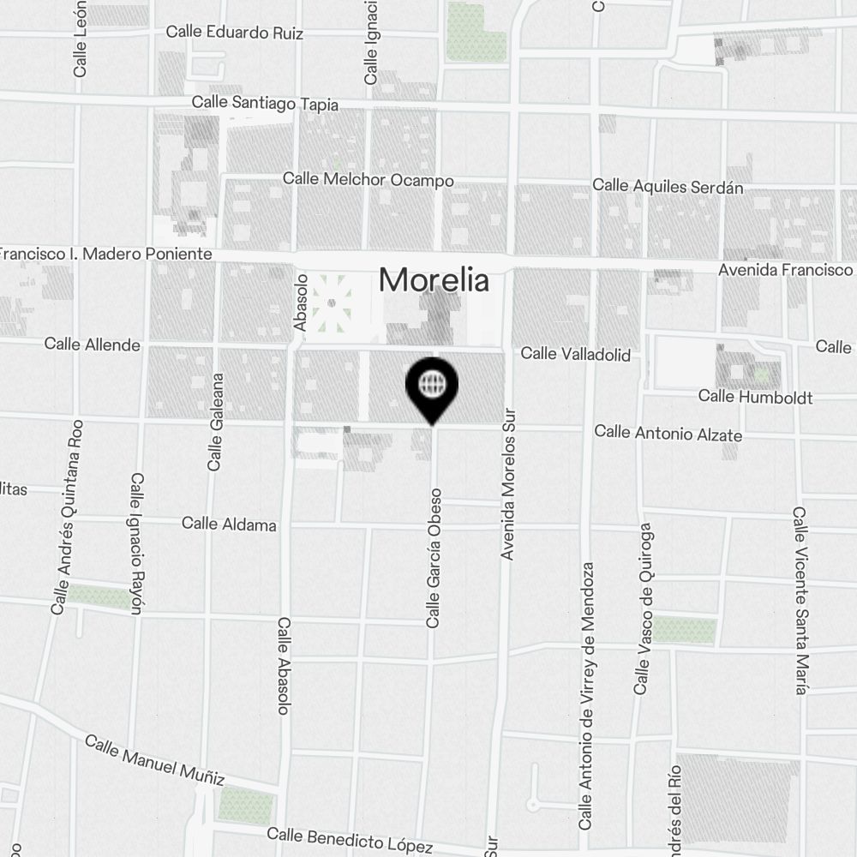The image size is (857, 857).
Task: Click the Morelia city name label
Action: (434, 280)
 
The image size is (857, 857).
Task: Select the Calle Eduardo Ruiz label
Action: (234, 33)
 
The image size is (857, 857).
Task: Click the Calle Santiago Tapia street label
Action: (265, 103)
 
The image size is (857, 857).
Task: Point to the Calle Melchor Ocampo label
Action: (368, 180)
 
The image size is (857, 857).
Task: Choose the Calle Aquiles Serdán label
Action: (668, 186)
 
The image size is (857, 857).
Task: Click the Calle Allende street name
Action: (92, 345)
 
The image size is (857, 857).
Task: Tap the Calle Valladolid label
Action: (575, 354)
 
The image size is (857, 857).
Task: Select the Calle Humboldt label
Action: (755, 396)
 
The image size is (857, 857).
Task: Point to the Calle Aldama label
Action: (229, 524)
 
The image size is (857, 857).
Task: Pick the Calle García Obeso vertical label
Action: (434, 557)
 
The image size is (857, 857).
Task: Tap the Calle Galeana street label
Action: (215, 422)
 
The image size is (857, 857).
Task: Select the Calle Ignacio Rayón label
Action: (136, 542)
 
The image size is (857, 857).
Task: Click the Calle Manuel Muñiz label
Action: (155, 760)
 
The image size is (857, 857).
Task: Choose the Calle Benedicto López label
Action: (350, 841)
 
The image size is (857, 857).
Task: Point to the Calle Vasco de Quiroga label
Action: (644, 608)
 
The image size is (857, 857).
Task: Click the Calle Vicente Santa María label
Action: (800, 600)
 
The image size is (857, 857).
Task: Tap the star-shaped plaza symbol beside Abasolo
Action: (332, 302)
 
